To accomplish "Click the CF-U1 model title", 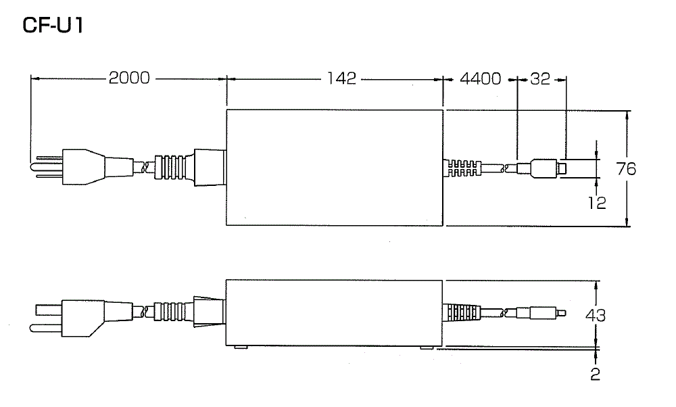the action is click(53, 26).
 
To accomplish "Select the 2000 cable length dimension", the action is click(129, 78).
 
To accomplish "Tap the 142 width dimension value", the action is click(341, 78).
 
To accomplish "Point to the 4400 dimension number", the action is click(480, 78).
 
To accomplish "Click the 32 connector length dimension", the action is click(540, 78).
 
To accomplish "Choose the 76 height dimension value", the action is click(626, 168).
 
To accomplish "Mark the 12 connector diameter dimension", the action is click(597, 202).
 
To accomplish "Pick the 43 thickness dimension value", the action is click(596, 316).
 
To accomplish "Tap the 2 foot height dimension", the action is click(595, 374).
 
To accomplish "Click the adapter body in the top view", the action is click(335, 167).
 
